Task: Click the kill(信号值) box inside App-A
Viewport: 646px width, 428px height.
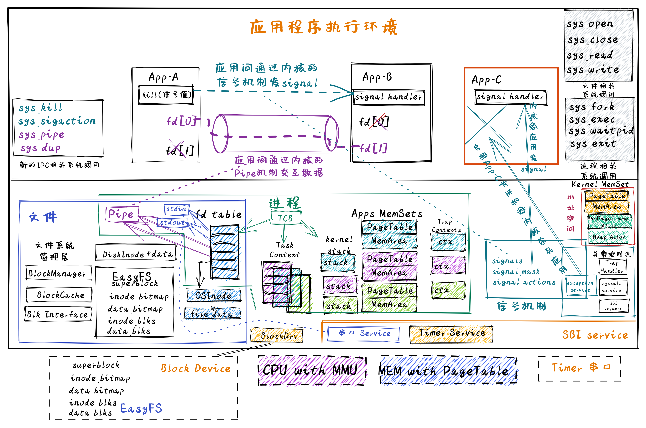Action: [166, 95]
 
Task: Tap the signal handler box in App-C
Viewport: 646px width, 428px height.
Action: [511, 97]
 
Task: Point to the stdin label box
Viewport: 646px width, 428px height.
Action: [176, 209]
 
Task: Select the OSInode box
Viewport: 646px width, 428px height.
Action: [214, 296]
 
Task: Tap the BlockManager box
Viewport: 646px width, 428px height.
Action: [59, 273]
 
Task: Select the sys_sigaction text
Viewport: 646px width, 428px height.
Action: [57, 121]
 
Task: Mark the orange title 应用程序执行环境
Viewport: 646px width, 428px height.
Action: [324, 27]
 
